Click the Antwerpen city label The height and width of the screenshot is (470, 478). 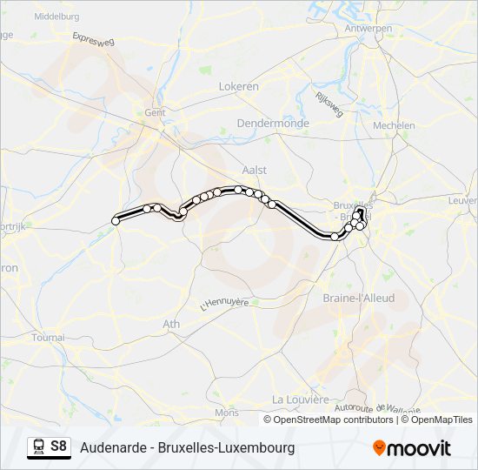pyautogui.click(x=368, y=28)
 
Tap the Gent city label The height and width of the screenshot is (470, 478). pyautogui.click(x=155, y=112)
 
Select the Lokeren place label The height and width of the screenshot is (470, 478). pyautogui.click(x=239, y=87)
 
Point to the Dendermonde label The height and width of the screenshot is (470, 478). pyautogui.click(x=273, y=124)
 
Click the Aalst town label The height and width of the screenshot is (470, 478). pyautogui.click(x=256, y=170)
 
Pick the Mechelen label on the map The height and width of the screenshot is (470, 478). pyautogui.click(x=394, y=125)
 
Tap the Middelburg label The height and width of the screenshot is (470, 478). pyautogui.click(x=56, y=17)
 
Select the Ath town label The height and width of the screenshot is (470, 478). pyautogui.click(x=171, y=324)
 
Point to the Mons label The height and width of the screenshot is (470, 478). pyautogui.click(x=227, y=413)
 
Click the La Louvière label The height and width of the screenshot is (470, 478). pyautogui.click(x=301, y=399)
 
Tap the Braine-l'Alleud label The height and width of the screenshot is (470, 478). pyautogui.click(x=358, y=298)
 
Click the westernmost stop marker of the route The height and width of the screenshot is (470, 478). pyautogui.click(x=116, y=221)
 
